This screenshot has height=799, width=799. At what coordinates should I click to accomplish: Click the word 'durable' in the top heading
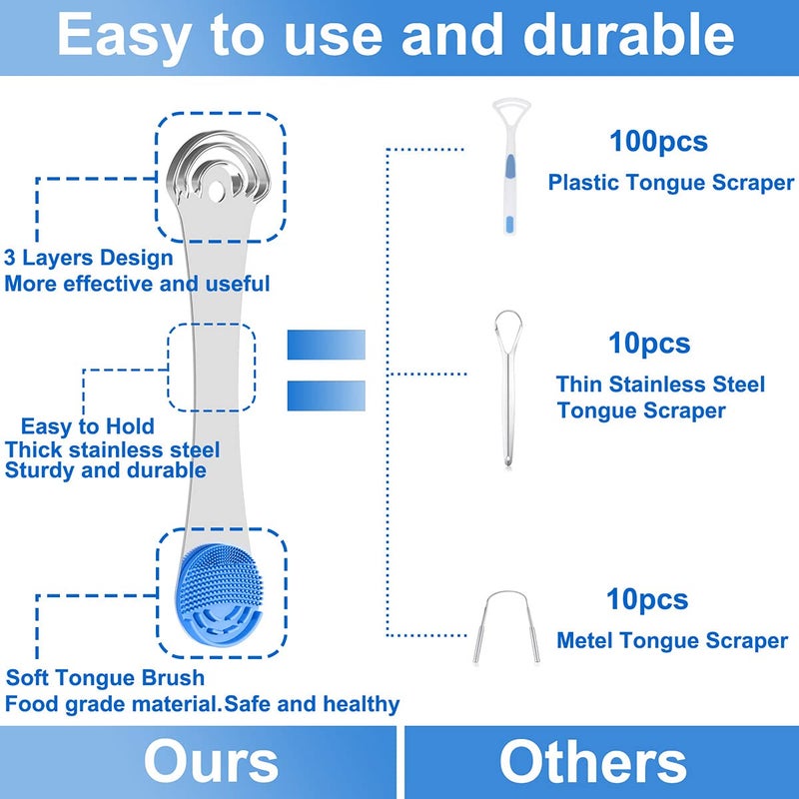point(629,35)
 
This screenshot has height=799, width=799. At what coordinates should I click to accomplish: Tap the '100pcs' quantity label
point(658,141)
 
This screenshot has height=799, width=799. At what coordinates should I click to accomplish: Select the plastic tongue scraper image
point(510,166)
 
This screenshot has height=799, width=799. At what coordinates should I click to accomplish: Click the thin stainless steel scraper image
point(508,389)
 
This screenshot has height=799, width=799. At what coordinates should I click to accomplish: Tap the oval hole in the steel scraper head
point(216,191)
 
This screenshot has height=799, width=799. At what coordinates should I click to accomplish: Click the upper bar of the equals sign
point(327,345)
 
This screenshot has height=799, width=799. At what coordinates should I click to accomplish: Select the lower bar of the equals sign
point(327,396)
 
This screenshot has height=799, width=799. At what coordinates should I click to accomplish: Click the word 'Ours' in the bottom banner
point(211,762)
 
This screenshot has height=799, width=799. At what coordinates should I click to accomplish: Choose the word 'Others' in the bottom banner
point(592,762)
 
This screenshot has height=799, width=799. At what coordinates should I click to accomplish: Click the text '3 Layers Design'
point(89,258)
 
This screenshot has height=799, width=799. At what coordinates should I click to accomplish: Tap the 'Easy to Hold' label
point(87,426)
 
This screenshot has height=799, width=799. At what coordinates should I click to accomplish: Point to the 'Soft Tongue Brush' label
point(105,678)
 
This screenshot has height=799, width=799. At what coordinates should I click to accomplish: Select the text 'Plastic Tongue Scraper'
point(671,183)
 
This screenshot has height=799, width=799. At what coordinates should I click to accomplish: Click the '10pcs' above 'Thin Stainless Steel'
point(649,343)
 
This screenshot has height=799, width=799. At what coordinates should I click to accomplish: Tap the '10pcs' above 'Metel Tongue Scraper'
point(647,599)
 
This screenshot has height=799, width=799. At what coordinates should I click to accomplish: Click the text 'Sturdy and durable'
point(106,469)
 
